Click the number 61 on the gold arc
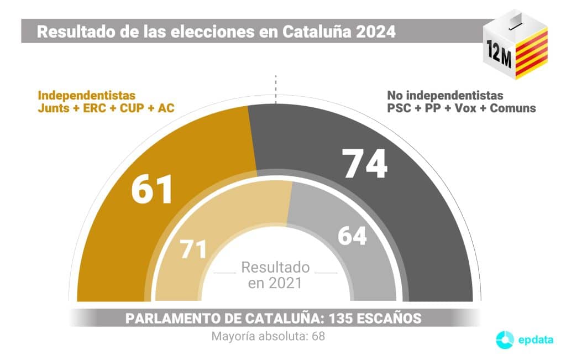click(x=152, y=189)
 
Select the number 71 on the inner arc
click(x=193, y=250)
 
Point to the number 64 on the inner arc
click(x=352, y=236)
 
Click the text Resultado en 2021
click(x=275, y=275)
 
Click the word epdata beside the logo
click(x=535, y=340)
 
